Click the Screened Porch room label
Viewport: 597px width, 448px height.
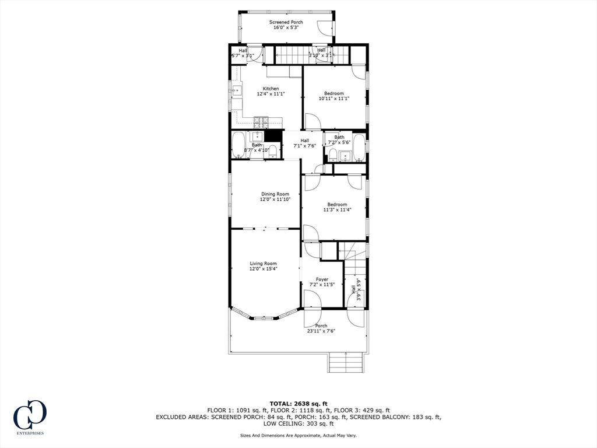[286, 22]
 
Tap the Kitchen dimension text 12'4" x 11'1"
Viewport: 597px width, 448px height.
[271, 94]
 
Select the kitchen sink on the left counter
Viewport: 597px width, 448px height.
[237, 90]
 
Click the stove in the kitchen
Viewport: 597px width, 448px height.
[261, 123]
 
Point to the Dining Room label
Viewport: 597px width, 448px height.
[275, 194]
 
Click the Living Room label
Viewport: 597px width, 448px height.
[263, 263]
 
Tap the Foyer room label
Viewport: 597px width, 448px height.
[322, 279]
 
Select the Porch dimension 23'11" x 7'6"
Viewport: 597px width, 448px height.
[321, 331]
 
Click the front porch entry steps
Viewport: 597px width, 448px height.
[346, 362]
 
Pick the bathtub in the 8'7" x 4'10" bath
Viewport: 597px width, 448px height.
[239, 145]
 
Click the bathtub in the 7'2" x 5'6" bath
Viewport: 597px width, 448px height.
[359, 148]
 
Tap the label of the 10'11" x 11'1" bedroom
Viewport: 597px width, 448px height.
[334, 93]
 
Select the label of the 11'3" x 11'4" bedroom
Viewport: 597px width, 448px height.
[337, 205]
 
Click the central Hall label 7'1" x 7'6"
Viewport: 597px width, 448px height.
[304, 143]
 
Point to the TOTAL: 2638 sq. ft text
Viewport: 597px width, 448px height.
[298, 404]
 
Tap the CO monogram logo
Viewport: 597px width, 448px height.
[30, 414]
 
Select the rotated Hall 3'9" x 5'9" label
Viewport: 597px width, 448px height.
[356, 289]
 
